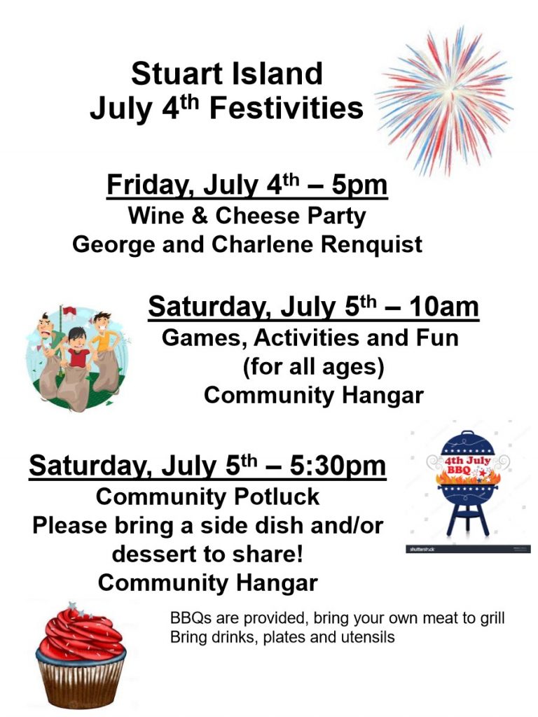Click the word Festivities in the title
(x=287, y=108)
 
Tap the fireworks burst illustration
(x=443, y=101)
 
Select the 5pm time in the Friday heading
(x=359, y=185)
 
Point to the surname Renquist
(x=371, y=244)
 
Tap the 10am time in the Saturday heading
(x=443, y=307)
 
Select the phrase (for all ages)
(x=313, y=367)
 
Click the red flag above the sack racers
(x=69, y=311)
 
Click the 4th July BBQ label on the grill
(x=467, y=465)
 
